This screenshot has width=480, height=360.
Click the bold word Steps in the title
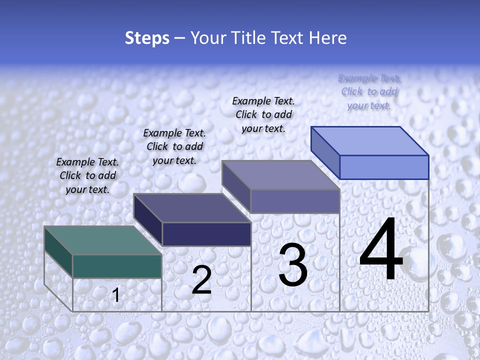[x=147, y=38]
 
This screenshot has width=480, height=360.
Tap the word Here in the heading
[x=328, y=38]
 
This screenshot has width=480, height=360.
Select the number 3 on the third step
[x=292, y=264]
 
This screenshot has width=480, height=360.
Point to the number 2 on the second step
[x=201, y=280]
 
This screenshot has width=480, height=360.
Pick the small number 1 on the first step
[x=116, y=295]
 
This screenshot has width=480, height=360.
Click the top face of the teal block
[x=102, y=240]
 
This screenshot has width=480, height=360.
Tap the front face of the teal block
[x=117, y=266]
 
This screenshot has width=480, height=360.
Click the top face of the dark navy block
[x=191, y=208]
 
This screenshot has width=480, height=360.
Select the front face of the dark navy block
[x=206, y=234]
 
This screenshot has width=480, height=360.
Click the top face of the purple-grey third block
[x=280, y=175]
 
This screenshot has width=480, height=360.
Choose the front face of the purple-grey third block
[x=295, y=201]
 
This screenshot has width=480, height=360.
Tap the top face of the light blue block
[x=369, y=141]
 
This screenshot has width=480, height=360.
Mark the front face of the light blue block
[x=384, y=167]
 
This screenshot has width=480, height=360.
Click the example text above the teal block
[x=87, y=175]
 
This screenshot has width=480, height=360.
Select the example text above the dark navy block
[x=174, y=146]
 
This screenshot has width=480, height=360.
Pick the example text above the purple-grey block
[x=263, y=114]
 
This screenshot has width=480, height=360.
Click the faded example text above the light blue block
[x=369, y=91]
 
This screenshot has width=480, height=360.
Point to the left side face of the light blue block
[x=325, y=152]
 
